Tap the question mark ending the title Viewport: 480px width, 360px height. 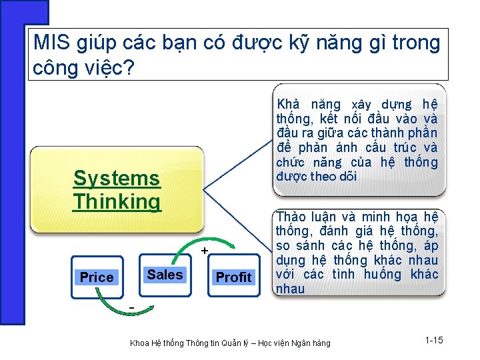[x=129, y=67]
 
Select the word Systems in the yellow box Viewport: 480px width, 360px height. [x=117, y=178]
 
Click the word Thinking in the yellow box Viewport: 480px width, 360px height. [x=117, y=201]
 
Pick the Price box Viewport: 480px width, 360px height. [x=97, y=277]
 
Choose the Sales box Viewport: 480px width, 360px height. [x=165, y=275]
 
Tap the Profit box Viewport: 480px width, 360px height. [x=233, y=277]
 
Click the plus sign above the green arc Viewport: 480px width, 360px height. [x=205, y=250]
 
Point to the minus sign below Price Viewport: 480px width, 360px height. [x=132, y=307]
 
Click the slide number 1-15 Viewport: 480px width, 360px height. [x=433, y=341]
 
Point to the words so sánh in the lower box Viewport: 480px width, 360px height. [x=300, y=245]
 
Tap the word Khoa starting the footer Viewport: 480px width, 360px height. [x=140, y=343]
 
